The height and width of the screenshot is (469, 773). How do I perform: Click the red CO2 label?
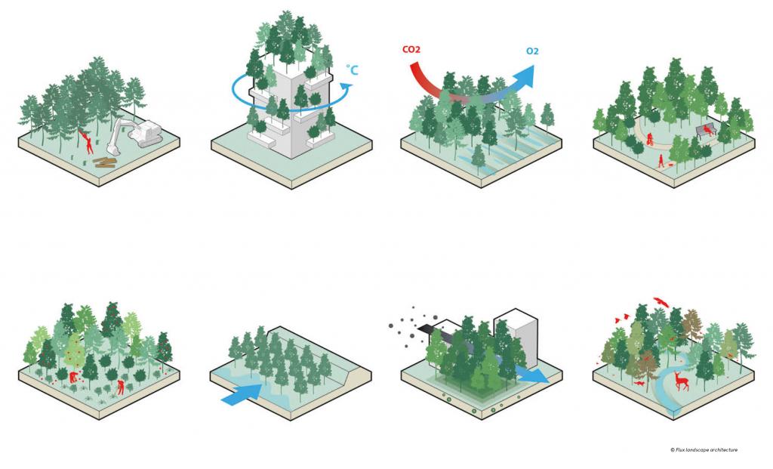click(x=411, y=49)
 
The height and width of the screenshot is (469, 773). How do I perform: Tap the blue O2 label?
click(x=532, y=51)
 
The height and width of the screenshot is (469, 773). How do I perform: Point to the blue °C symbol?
click(x=352, y=69)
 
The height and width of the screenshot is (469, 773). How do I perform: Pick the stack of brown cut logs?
click(x=105, y=162)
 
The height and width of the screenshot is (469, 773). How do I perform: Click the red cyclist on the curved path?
click(x=650, y=139)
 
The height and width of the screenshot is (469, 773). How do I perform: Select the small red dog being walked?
click(x=671, y=163)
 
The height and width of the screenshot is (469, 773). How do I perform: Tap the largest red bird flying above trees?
click(x=661, y=302)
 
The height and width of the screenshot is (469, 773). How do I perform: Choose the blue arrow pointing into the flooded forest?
click(x=242, y=393)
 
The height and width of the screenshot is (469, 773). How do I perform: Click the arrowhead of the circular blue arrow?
click(x=347, y=87)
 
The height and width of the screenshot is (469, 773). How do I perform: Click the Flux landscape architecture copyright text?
click(x=704, y=450)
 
